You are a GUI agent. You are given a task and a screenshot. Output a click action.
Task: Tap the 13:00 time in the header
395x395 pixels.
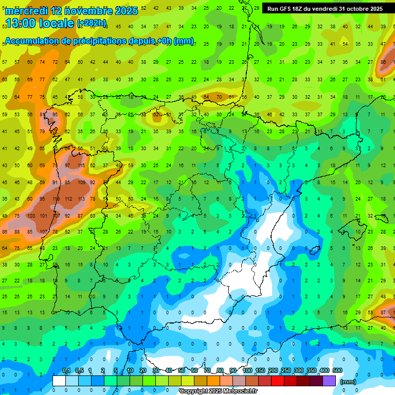(23, 23)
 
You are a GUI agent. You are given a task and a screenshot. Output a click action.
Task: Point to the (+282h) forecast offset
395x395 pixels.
(92, 23)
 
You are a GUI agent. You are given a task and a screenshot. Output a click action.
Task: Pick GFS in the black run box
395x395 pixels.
(286, 9)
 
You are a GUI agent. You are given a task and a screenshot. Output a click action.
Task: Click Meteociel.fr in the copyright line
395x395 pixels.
(238, 391)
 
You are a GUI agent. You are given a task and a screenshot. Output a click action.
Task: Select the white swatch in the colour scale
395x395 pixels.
(59, 381)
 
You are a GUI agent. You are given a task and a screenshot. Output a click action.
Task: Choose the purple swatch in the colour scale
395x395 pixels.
(329, 381)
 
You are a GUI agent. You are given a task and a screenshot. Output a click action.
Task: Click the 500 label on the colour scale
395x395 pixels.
(337, 371)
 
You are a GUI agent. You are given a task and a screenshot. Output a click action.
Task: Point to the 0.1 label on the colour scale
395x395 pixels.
(66, 371)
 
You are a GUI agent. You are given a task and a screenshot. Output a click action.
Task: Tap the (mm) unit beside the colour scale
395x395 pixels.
(348, 382)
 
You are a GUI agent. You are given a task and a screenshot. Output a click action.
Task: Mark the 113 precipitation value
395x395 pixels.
(81, 199)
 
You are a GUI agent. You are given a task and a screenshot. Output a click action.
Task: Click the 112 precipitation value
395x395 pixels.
(68, 199)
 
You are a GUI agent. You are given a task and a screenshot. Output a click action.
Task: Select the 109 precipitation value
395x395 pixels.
(81, 183)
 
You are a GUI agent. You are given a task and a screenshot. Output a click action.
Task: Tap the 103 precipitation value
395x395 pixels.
(31, 216)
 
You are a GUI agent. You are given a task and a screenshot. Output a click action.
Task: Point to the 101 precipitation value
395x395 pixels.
(44, 216)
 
